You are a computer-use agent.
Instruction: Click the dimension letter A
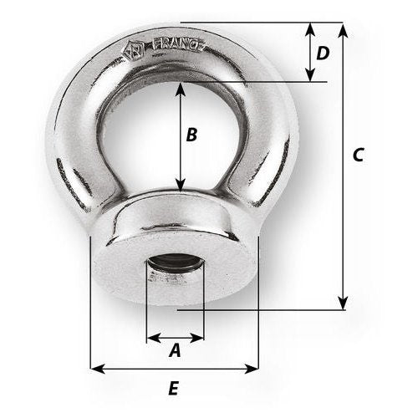(x=175, y=352)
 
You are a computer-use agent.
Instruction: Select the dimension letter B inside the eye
(x=191, y=134)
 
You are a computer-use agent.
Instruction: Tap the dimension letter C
(x=358, y=155)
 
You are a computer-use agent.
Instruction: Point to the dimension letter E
(x=173, y=388)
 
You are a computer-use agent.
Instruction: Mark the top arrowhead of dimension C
(x=342, y=28)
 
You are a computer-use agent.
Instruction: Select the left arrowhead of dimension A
(x=151, y=339)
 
